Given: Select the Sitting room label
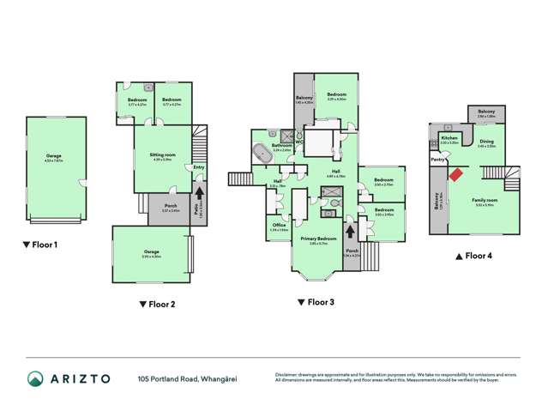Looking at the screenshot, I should tap(163, 154).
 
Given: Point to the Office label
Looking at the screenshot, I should tap(279, 225).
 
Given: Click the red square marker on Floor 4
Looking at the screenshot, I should tap(455, 174).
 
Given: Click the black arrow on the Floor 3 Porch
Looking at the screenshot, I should tap(350, 231).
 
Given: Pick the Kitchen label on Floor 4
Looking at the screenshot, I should tap(448, 138).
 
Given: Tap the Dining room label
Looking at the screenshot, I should tap(486, 142).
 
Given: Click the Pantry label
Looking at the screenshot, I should tap(438, 159).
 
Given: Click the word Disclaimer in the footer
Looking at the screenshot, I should tap(286, 374).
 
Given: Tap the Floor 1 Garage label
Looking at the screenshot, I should tap(56, 156).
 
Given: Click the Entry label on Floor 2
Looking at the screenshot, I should tap(199, 168).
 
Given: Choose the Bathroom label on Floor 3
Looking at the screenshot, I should tap(282, 146).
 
